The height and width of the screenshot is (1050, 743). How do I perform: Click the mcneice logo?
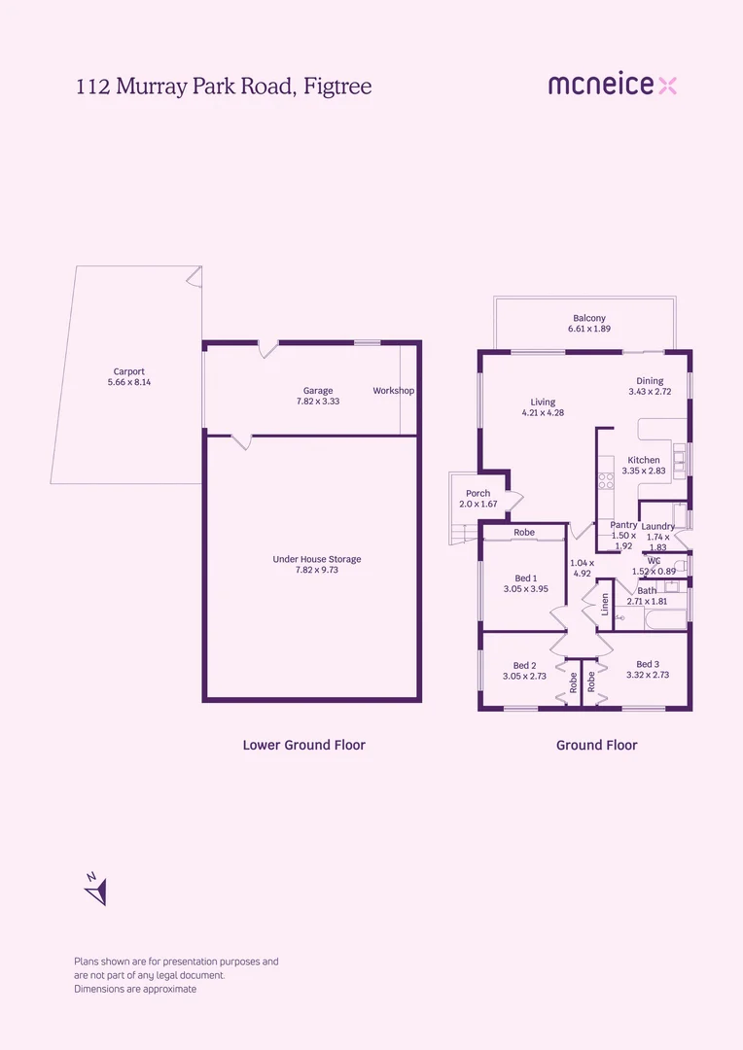[x=612, y=86]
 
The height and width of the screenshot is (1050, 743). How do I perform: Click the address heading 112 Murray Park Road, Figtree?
[x=224, y=87]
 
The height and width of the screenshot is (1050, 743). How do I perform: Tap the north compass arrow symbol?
[x=95, y=889]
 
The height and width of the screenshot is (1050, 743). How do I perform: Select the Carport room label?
[x=129, y=371]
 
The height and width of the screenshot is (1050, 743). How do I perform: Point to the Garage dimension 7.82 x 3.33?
[x=314, y=401]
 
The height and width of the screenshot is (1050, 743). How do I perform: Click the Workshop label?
[x=394, y=391]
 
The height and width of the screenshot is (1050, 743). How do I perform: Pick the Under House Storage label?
[x=317, y=559]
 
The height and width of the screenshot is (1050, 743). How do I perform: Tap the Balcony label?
[x=589, y=318]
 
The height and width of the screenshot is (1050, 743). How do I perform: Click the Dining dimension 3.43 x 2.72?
[x=649, y=392]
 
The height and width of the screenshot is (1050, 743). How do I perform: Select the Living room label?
[x=543, y=402]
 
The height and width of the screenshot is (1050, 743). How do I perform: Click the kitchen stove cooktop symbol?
[x=605, y=479]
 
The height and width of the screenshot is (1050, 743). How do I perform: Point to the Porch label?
[x=478, y=493]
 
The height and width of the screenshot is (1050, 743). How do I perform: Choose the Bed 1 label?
[x=526, y=578]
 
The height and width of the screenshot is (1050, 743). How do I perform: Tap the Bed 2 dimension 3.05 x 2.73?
[x=526, y=676]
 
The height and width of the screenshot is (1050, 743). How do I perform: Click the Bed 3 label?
[x=648, y=664]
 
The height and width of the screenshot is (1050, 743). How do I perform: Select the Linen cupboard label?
[x=605, y=605]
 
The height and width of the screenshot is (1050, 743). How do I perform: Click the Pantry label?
[x=624, y=525]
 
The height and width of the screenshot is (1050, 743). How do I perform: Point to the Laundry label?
[x=658, y=526]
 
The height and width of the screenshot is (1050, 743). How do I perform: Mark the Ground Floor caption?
[x=596, y=745]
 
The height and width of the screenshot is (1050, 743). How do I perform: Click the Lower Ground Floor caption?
[x=303, y=745]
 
